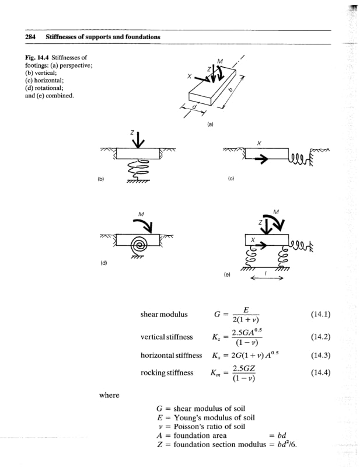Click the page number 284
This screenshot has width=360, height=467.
point(30,37)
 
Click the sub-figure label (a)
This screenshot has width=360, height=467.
point(210,124)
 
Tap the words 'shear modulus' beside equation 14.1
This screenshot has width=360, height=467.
point(164,315)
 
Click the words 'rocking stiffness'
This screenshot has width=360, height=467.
point(167,372)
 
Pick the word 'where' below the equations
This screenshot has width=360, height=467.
point(109,396)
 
